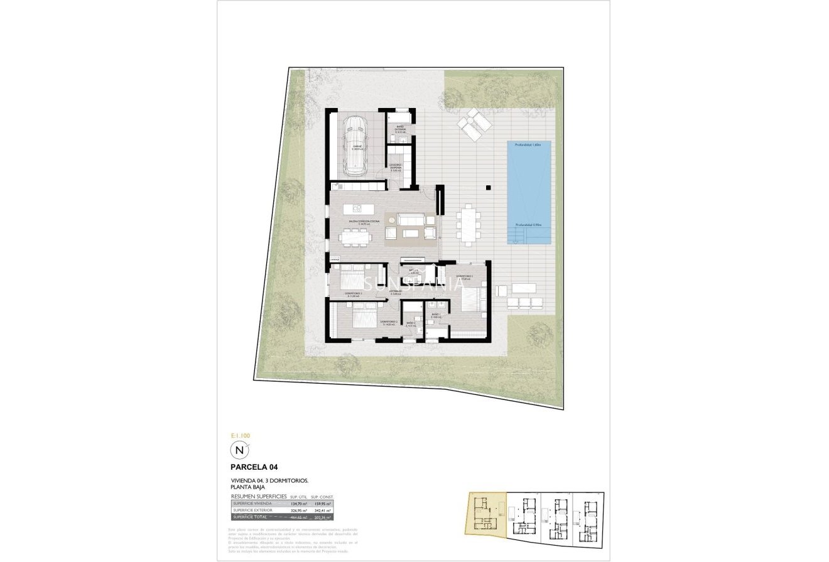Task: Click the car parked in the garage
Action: pos(355,146)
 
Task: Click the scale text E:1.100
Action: pos(241,435)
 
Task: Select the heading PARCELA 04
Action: pos(255,467)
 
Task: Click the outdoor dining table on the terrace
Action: pos(469,223)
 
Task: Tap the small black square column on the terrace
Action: pos(487,186)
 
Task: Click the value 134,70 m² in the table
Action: pos(298,503)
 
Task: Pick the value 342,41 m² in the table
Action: pos(322,511)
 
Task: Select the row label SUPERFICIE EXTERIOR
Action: pos(252,511)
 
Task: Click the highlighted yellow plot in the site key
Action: pos(484,512)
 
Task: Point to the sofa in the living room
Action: pos(413,219)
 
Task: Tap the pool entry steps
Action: pos(516,237)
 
